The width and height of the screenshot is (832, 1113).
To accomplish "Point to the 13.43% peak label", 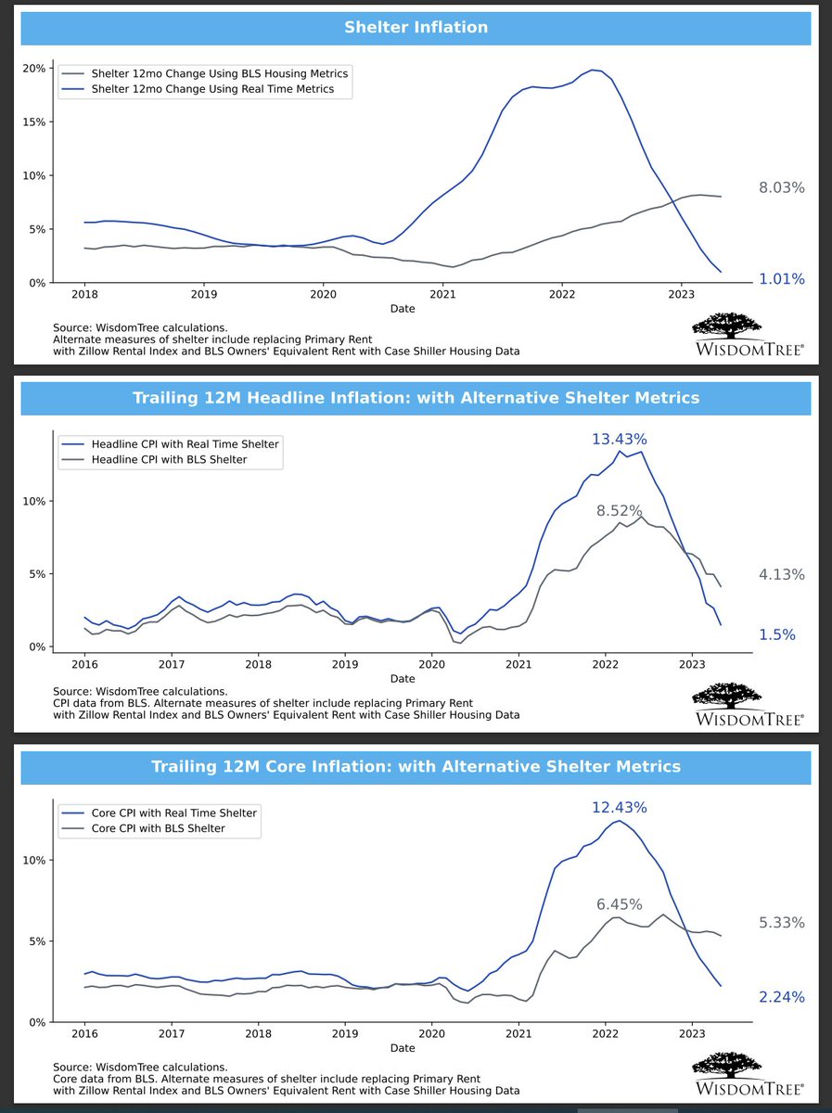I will pyautogui.click(x=619, y=438).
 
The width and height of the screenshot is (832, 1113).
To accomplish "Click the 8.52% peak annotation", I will pyautogui.click(x=619, y=510).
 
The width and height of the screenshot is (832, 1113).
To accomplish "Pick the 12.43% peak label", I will pyautogui.click(x=619, y=808).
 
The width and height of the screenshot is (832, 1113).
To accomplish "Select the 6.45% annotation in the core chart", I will pyautogui.click(x=619, y=904).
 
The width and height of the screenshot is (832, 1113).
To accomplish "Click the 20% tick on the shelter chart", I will pyautogui.click(x=34, y=69).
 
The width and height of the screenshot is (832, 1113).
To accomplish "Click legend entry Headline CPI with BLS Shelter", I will pyautogui.click(x=169, y=459).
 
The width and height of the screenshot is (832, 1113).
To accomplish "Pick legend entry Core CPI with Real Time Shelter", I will pyautogui.click(x=174, y=812).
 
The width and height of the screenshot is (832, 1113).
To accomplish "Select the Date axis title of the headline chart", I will pyautogui.click(x=403, y=679).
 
